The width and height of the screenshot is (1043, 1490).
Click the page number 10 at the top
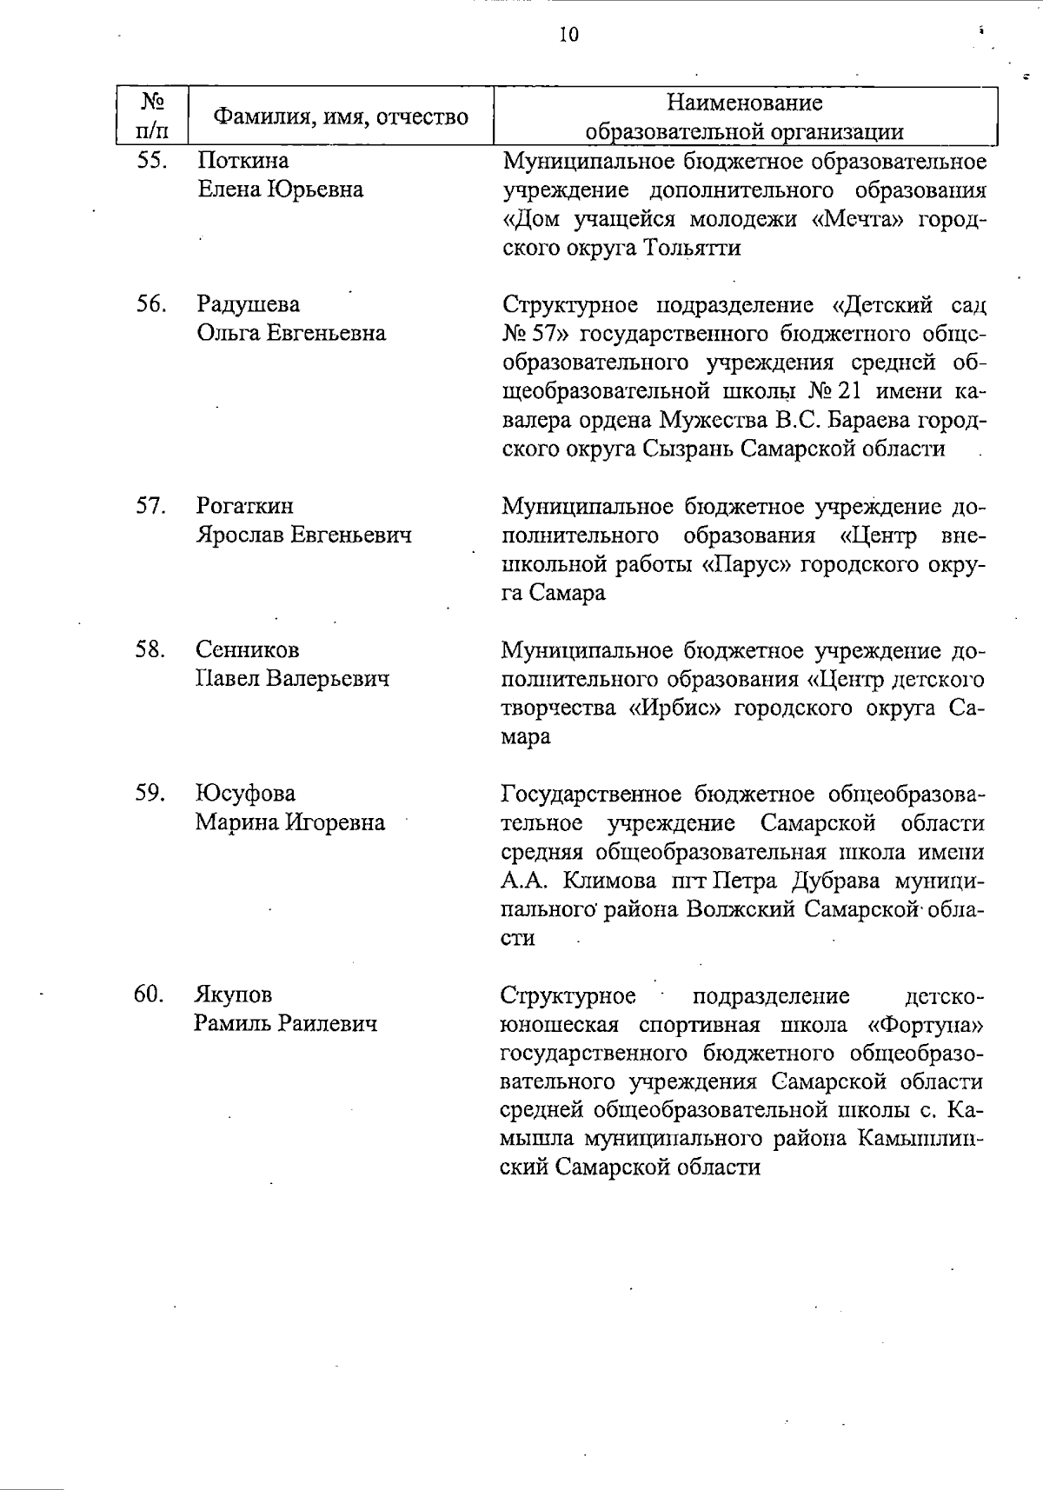pyautogui.click(x=568, y=35)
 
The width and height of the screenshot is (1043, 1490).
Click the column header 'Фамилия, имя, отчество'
pyautogui.click(x=341, y=116)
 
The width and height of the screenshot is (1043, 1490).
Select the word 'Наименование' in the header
pyautogui.click(x=744, y=103)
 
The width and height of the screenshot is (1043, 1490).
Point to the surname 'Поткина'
pyautogui.click(x=242, y=161)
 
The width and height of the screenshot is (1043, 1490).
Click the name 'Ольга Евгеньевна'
pyautogui.click(x=291, y=333)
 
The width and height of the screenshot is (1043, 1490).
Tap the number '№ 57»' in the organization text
pyautogui.click(x=536, y=334)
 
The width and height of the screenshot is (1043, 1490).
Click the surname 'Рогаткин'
pyautogui.click(x=245, y=506)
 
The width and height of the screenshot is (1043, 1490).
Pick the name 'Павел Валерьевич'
pyautogui.click(x=292, y=678)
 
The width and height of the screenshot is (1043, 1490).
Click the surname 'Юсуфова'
pyautogui.click(x=245, y=793)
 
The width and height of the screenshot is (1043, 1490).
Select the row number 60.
pyautogui.click(x=149, y=994)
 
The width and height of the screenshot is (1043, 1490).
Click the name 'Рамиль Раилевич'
pyautogui.click(x=286, y=1023)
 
